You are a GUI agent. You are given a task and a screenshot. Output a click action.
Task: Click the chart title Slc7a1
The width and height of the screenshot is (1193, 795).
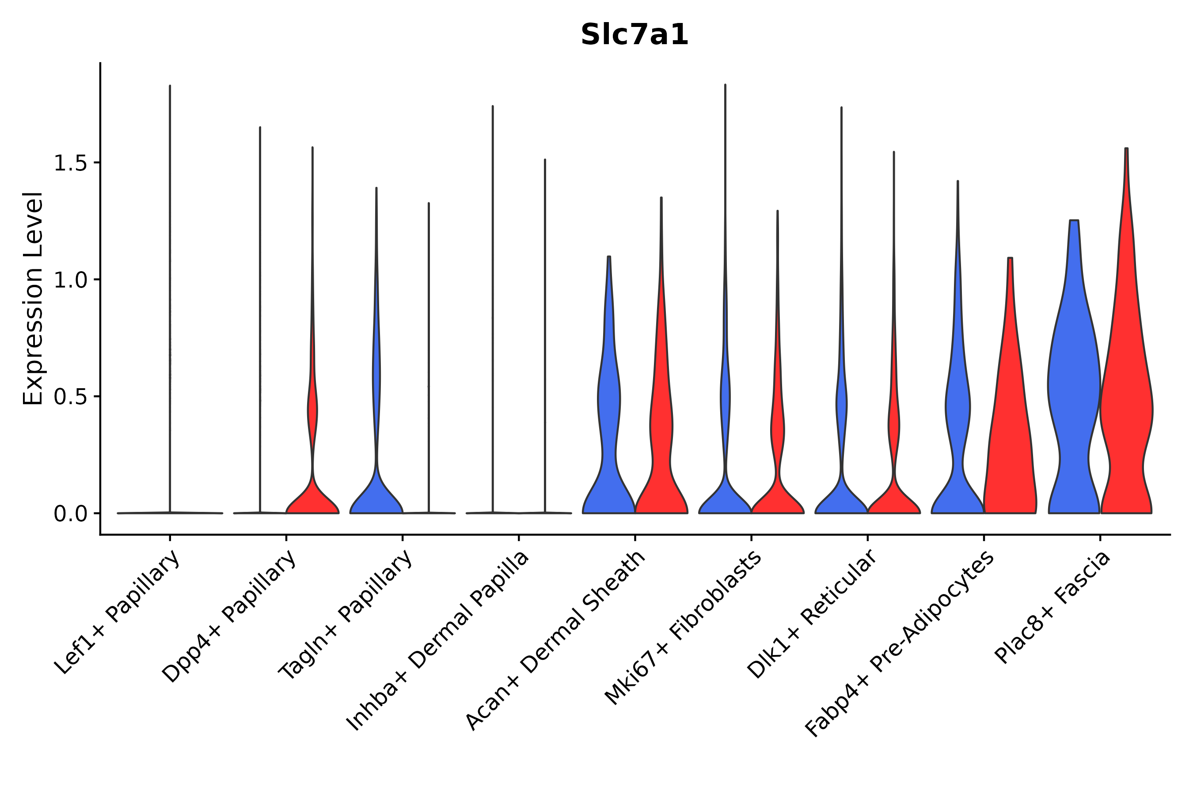(634, 35)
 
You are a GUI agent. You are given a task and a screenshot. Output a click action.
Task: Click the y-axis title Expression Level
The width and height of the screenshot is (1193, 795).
(33, 299)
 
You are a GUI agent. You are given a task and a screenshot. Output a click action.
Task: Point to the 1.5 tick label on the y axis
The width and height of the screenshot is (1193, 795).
(69, 163)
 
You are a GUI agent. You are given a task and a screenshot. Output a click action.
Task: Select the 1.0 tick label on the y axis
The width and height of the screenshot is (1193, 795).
(69, 280)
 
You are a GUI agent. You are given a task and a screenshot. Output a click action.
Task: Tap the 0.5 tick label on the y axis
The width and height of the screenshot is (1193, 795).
(69, 397)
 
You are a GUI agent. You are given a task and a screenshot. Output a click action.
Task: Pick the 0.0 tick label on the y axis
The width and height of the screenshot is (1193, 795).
(69, 514)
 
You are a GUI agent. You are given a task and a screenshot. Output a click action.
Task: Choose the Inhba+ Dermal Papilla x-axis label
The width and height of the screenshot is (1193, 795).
(438, 641)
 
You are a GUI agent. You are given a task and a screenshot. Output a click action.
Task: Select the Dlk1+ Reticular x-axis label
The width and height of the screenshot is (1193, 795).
(812, 614)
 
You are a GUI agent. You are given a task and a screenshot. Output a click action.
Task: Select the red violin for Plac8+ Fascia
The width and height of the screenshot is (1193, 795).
(1126, 405)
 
